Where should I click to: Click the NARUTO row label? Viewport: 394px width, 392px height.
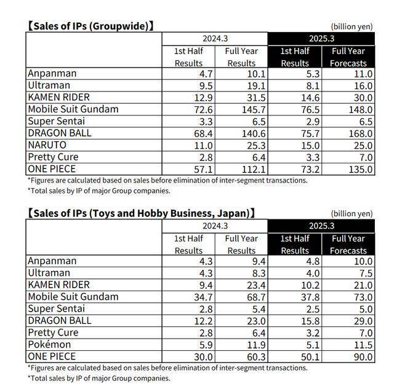(x=47, y=145)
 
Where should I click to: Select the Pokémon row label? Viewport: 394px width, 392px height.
(x=49, y=344)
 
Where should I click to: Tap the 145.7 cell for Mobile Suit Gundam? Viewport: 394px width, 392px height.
(x=254, y=109)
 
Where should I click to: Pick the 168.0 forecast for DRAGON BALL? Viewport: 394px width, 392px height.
(x=361, y=133)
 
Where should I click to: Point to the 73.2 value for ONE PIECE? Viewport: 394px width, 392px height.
(x=310, y=170)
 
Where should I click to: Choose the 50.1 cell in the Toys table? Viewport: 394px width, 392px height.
(x=310, y=357)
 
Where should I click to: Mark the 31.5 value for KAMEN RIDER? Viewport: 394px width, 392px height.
(x=256, y=98)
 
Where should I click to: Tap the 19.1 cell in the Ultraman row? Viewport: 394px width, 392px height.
(x=256, y=86)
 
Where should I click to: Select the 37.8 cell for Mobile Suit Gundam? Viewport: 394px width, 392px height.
(x=310, y=297)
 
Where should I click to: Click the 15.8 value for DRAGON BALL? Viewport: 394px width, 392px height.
(x=310, y=321)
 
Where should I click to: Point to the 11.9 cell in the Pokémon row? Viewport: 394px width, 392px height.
(x=256, y=345)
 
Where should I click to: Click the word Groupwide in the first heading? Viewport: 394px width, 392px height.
(x=119, y=26)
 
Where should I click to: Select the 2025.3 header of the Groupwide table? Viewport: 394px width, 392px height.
(x=321, y=39)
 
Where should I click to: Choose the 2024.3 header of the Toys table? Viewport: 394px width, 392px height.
(x=215, y=226)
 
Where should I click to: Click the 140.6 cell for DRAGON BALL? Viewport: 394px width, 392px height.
(x=254, y=133)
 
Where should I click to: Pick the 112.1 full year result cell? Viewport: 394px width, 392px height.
(x=254, y=170)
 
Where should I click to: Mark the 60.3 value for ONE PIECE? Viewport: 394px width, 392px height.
(x=256, y=357)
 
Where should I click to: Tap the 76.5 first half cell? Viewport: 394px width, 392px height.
(x=310, y=109)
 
